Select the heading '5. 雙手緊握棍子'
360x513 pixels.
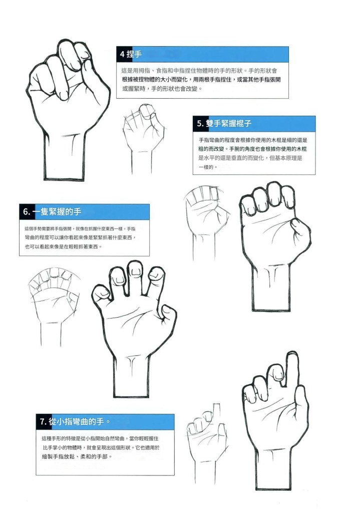click(224, 123)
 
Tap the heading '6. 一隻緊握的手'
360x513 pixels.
click(52, 212)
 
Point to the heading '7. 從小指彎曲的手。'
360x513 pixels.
click(75, 421)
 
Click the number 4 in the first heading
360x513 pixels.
click(122, 54)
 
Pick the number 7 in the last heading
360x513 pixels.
click(42, 422)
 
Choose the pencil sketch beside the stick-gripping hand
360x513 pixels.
click(206, 222)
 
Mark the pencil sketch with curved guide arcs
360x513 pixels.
click(54, 304)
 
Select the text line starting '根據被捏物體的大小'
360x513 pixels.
click(201, 80)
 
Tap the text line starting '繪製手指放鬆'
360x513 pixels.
click(77, 456)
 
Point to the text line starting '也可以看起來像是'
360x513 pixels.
click(64, 246)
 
